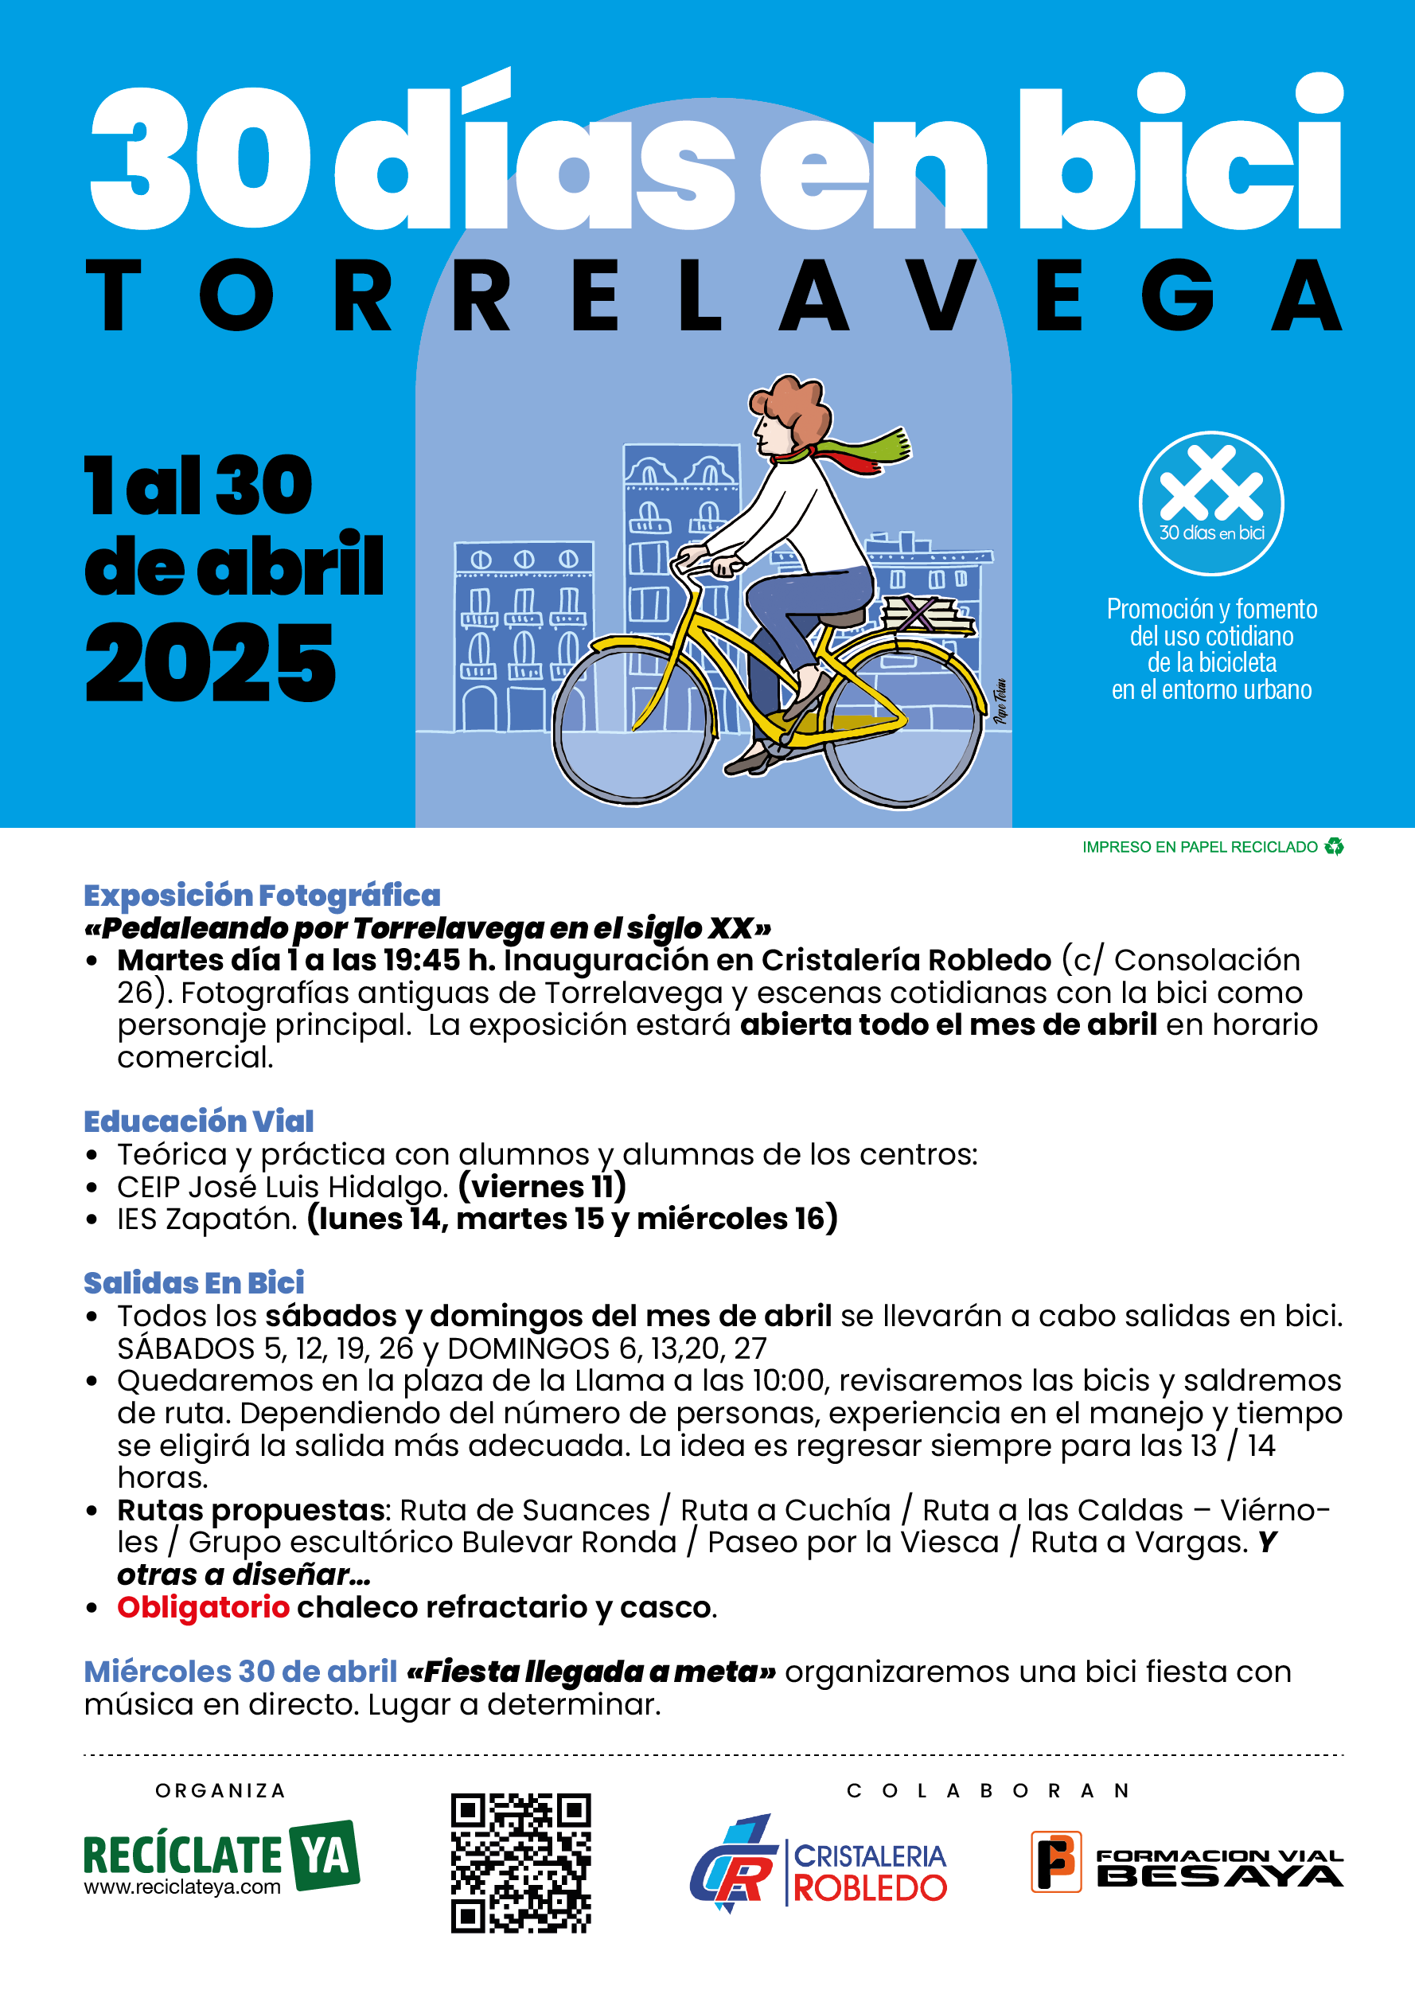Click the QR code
coord(520,1863)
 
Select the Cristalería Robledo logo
coord(818,1863)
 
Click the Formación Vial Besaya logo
coord(1187,1862)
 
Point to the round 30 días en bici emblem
coord(1211,503)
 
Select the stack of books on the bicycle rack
coord(926,615)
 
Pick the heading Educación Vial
coord(199,1121)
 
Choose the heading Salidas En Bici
coord(194,1282)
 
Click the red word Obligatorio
coord(203,1606)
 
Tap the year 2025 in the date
coord(210,664)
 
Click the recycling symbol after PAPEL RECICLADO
coord(1333,846)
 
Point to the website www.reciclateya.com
coord(182,1887)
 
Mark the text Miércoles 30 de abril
coord(240,1672)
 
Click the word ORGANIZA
coord(220,1790)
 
